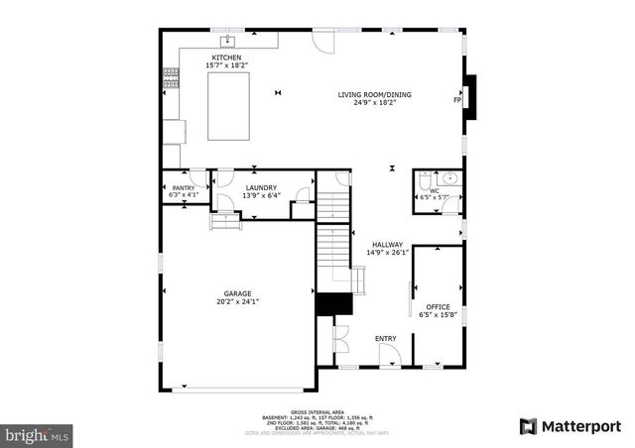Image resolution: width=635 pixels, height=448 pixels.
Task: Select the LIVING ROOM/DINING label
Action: [374, 95]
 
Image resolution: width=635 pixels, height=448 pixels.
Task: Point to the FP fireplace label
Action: [457, 100]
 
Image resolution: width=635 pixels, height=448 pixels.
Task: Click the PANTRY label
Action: [184, 187]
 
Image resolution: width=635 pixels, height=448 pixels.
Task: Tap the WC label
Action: [434, 190]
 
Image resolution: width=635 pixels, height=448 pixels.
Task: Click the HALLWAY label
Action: [387, 245]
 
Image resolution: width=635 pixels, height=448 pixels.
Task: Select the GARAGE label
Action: [237, 293]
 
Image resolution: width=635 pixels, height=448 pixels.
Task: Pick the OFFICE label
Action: [438, 307]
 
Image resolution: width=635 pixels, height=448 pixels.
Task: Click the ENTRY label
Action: [385, 339]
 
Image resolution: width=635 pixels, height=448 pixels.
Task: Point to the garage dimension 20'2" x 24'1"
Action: [237, 301]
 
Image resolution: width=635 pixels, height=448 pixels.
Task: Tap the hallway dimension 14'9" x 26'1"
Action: [387, 253]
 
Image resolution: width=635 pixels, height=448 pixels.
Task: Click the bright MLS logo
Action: [38, 434]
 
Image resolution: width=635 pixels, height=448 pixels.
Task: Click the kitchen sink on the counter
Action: [227, 41]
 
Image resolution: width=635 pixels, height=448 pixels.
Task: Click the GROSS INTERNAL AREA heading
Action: [317, 411]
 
